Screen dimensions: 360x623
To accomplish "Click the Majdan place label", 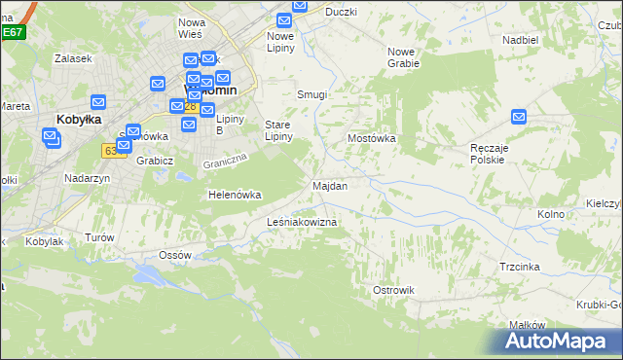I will tap(329, 185).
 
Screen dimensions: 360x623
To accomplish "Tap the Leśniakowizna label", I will tap(302, 223).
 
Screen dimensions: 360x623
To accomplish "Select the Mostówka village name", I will tap(372, 138).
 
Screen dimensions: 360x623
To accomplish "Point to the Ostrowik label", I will tap(393, 290).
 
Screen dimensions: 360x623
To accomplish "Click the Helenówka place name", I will tap(235, 195).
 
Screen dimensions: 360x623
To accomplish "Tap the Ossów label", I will tap(175, 255).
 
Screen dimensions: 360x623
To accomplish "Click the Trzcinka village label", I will tap(520, 266).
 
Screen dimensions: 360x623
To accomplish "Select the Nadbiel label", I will tap(520, 40).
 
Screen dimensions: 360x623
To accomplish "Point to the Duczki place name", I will tap(341, 12).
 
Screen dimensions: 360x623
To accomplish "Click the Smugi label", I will tap(311, 94).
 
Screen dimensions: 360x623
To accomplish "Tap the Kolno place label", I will tap(552, 213).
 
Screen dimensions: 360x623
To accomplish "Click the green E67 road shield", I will tap(12, 32).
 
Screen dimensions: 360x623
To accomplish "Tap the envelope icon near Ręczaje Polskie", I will tap(519, 118).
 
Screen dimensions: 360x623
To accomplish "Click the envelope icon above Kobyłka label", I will tap(97, 101).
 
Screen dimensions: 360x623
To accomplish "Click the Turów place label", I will tap(99, 237).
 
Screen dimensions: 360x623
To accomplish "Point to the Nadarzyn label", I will tap(87, 178).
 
